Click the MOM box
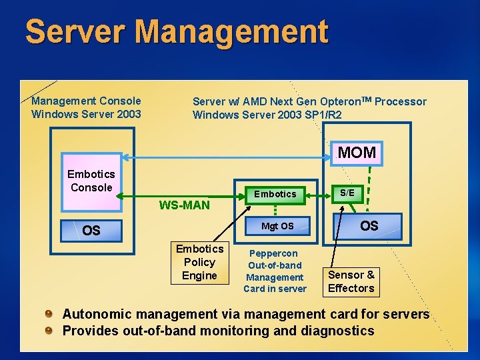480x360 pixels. [x=357, y=153]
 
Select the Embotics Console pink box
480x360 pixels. [x=91, y=181]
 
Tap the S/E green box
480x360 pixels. [x=347, y=193]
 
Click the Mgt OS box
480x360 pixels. [x=277, y=226]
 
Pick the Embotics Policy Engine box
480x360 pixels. [x=199, y=262]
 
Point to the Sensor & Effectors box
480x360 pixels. [x=351, y=281]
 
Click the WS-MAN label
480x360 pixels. [x=184, y=205]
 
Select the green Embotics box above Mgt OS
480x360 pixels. [x=275, y=194]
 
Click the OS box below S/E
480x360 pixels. [x=369, y=226]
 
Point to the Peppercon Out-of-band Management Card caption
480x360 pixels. [x=275, y=271]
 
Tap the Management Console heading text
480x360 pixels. [x=86, y=101]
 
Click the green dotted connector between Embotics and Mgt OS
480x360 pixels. [x=275, y=209]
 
